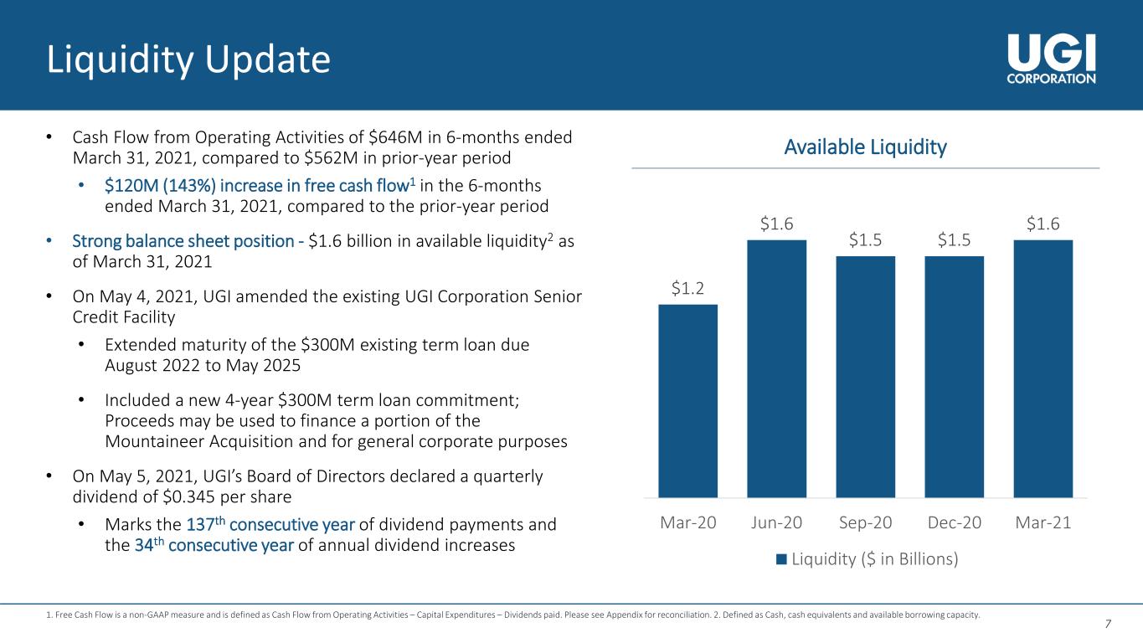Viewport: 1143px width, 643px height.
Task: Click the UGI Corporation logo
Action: [1051, 55]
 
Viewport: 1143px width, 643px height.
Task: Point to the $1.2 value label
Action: [687, 289]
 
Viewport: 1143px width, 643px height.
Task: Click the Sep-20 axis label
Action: [865, 522]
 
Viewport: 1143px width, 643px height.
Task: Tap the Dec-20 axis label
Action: [954, 522]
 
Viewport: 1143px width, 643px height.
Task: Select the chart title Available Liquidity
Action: [865, 148]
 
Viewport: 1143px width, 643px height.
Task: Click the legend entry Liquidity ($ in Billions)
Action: [866, 558]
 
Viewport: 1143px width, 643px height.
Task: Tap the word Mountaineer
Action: [155, 441]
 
